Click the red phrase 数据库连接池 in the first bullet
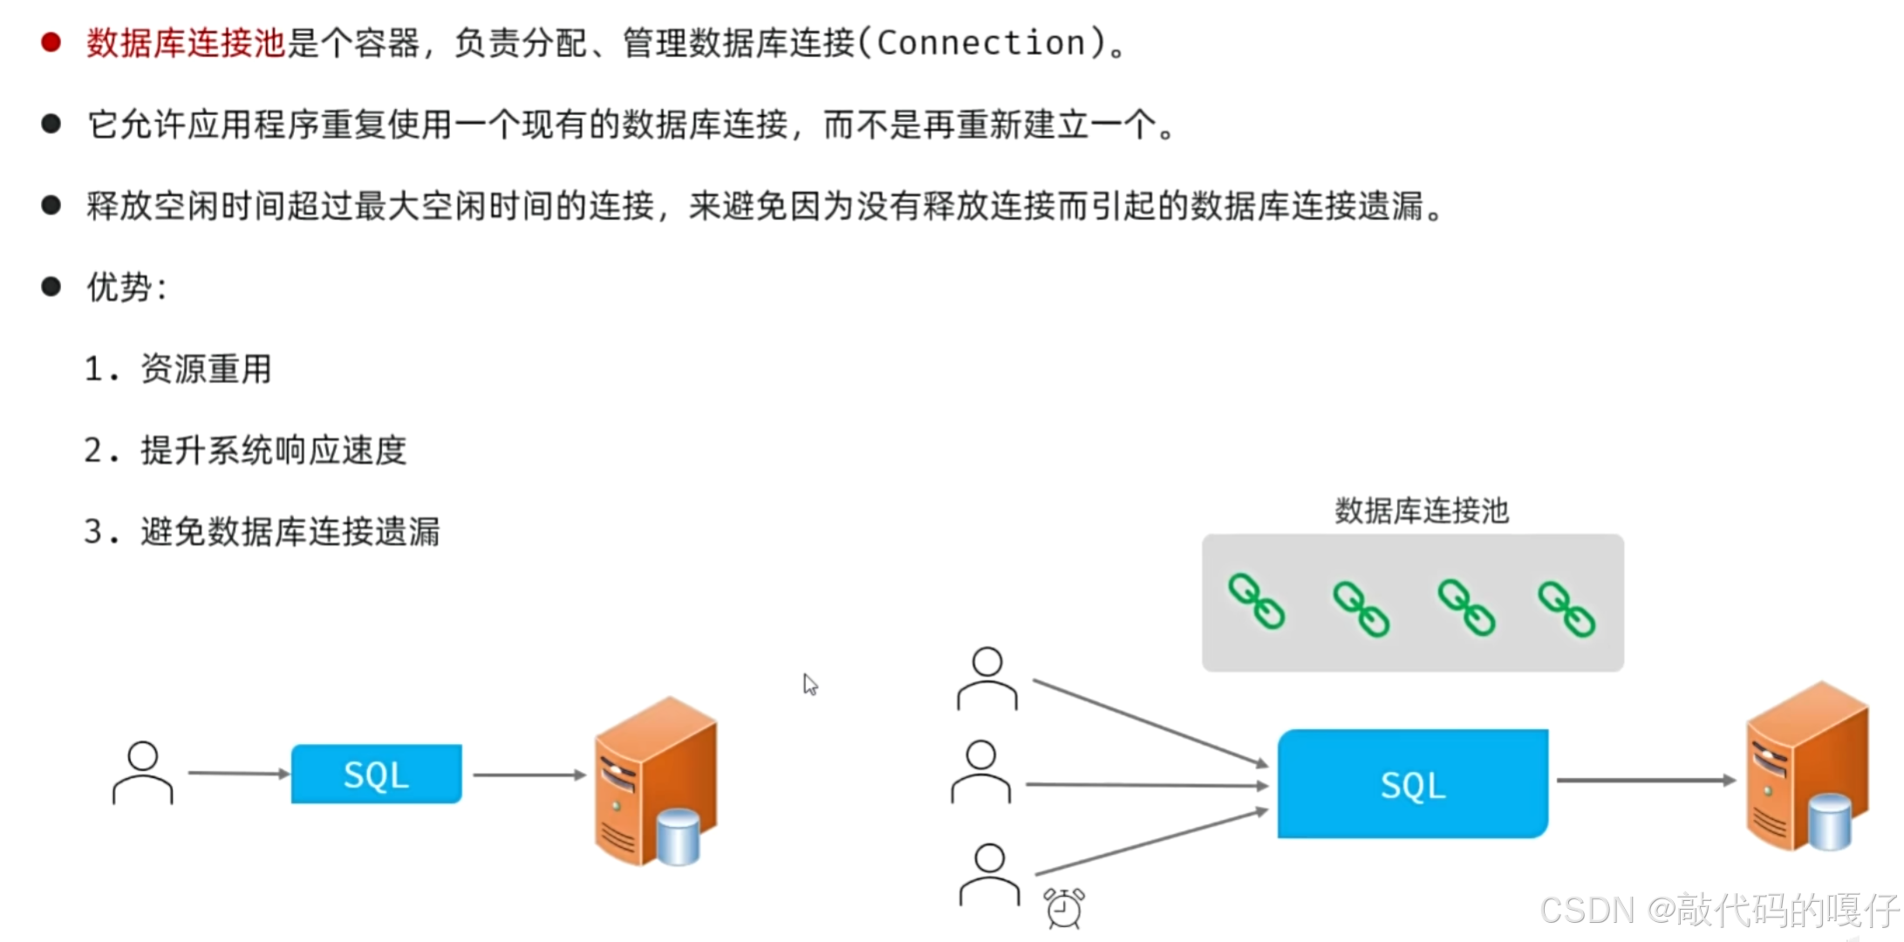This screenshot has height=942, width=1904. tap(186, 43)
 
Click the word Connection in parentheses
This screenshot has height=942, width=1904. tap(980, 43)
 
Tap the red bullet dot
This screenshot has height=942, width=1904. tap(51, 42)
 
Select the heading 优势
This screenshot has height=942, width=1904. tap(119, 288)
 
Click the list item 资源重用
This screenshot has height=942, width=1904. tap(206, 369)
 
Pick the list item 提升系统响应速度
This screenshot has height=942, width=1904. tap(274, 450)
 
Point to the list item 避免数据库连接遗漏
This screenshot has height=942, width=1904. tap(290, 531)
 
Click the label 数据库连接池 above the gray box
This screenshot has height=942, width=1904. tap(1421, 510)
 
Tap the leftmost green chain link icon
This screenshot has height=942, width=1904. tap(1256, 601)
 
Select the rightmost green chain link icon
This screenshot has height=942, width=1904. tap(1566, 609)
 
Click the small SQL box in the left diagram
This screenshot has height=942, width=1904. tap(376, 774)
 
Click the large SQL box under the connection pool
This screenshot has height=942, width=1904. tap(1412, 784)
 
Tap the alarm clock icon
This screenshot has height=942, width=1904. tap(1064, 907)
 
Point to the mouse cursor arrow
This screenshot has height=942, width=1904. tap(810, 684)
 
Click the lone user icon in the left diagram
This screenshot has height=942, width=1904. tap(143, 773)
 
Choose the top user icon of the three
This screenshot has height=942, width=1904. tap(987, 679)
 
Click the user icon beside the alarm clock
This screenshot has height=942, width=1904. tap(989, 875)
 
